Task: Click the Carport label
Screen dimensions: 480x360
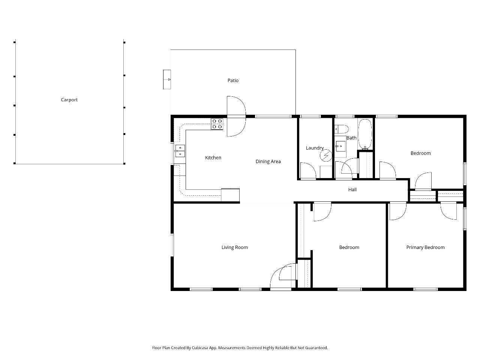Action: [x=69, y=100]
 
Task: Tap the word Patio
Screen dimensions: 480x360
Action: [x=233, y=80]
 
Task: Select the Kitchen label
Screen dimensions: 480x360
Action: [x=213, y=157]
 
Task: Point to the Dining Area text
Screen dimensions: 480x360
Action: [x=268, y=162]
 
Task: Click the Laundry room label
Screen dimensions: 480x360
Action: [x=315, y=148]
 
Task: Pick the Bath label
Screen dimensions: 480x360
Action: [x=351, y=138]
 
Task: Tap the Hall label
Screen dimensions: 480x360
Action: [x=352, y=189]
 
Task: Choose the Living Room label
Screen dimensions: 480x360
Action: [x=234, y=247]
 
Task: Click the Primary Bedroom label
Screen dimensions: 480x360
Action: [x=425, y=247]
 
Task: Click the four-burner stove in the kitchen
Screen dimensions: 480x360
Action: [x=217, y=124]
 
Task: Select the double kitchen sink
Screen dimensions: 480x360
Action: [x=180, y=151]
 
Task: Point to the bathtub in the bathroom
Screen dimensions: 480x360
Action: [x=365, y=134]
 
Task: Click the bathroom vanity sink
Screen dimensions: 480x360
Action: [x=340, y=146]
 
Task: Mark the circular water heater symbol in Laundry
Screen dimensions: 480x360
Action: [x=326, y=155]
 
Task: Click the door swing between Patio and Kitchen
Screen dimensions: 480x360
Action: [x=236, y=116]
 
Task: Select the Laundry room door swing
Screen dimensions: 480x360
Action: [x=308, y=171]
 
